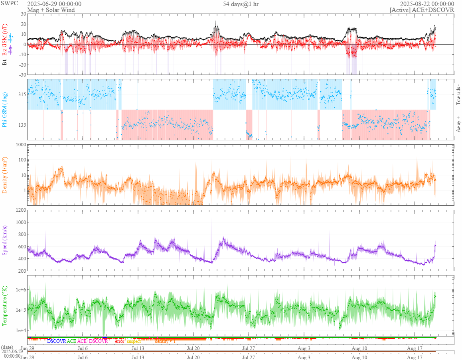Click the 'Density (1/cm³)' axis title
5,175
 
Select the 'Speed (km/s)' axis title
5,240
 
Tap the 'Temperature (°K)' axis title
5,305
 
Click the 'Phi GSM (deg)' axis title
5,110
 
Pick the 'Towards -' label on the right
458,95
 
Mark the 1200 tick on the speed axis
20,210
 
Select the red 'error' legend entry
120,341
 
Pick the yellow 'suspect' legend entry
134,341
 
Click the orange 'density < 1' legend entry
165,341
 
